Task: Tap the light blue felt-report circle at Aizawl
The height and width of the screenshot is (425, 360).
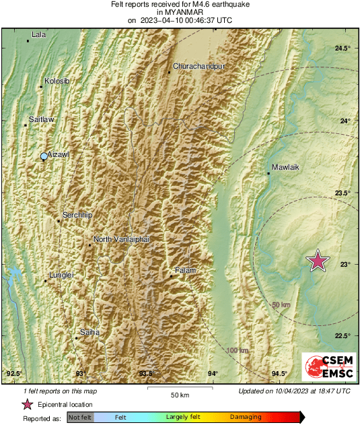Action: [44, 156]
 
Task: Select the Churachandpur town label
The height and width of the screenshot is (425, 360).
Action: [199, 67]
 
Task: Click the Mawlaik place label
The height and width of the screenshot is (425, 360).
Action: [285, 167]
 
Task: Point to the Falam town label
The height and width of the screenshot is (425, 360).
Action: [185, 270]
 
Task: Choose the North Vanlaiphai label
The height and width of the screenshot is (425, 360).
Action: [120, 239]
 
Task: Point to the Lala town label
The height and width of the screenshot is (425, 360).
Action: [39, 34]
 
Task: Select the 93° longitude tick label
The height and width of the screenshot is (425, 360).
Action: [80, 373]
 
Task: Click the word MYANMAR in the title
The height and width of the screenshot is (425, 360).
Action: [180, 12]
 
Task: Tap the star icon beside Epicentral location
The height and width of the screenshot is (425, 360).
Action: [28, 404]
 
